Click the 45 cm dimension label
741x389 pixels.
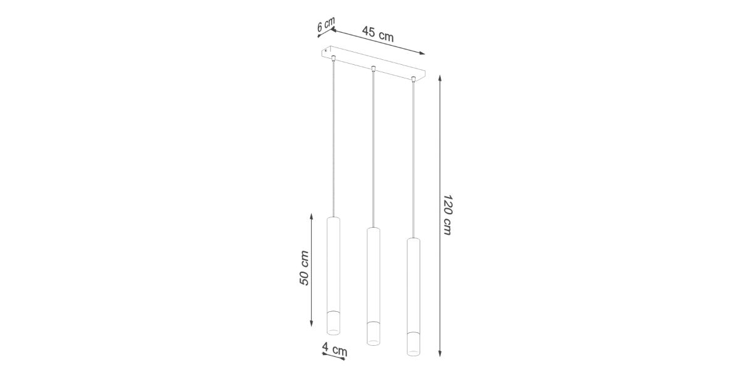(x=378, y=34)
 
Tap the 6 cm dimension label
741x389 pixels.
(x=326, y=25)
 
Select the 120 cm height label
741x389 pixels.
(x=447, y=215)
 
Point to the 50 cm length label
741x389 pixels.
(x=304, y=268)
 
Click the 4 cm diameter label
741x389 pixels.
(x=335, y=349)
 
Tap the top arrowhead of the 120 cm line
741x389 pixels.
(x=440, y=78)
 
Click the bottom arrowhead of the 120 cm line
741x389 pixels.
(x=440, y=354)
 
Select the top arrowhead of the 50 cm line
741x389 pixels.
(x=311, y=217)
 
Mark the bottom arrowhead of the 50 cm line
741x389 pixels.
(x=311, y=323)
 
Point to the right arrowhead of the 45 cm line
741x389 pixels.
(x=422, y=53)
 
